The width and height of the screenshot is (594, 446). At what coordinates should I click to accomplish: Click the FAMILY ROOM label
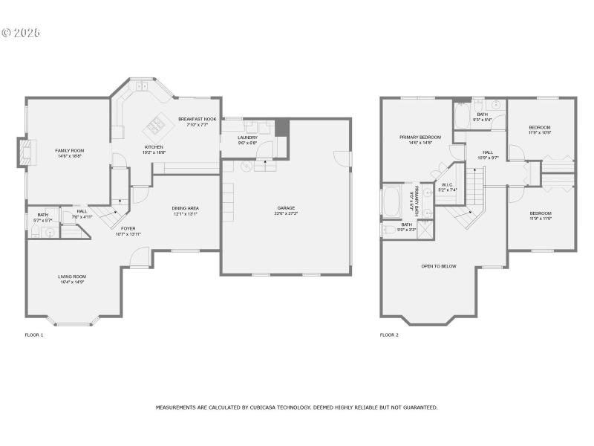(69, 151)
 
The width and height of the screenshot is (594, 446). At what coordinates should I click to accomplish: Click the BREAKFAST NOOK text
(197, 119)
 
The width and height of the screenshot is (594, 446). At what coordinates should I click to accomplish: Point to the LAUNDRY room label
(247, 138)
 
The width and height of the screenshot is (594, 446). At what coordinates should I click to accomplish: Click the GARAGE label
(286, 208)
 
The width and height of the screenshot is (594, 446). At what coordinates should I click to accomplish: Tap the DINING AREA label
(185, 208)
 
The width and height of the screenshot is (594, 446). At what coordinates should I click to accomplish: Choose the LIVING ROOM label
(73, 277)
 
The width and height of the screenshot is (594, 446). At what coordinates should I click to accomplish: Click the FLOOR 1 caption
(34, 335)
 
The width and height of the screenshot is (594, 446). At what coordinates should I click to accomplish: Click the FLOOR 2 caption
(389, 335)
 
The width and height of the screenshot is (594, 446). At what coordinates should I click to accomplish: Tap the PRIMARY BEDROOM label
(420, 138)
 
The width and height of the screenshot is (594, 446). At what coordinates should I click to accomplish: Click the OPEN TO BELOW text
(439, 265)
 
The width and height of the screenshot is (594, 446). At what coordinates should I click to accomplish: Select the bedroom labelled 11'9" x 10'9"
(540, 128)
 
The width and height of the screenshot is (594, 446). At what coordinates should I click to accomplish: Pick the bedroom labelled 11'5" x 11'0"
(540, 213)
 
